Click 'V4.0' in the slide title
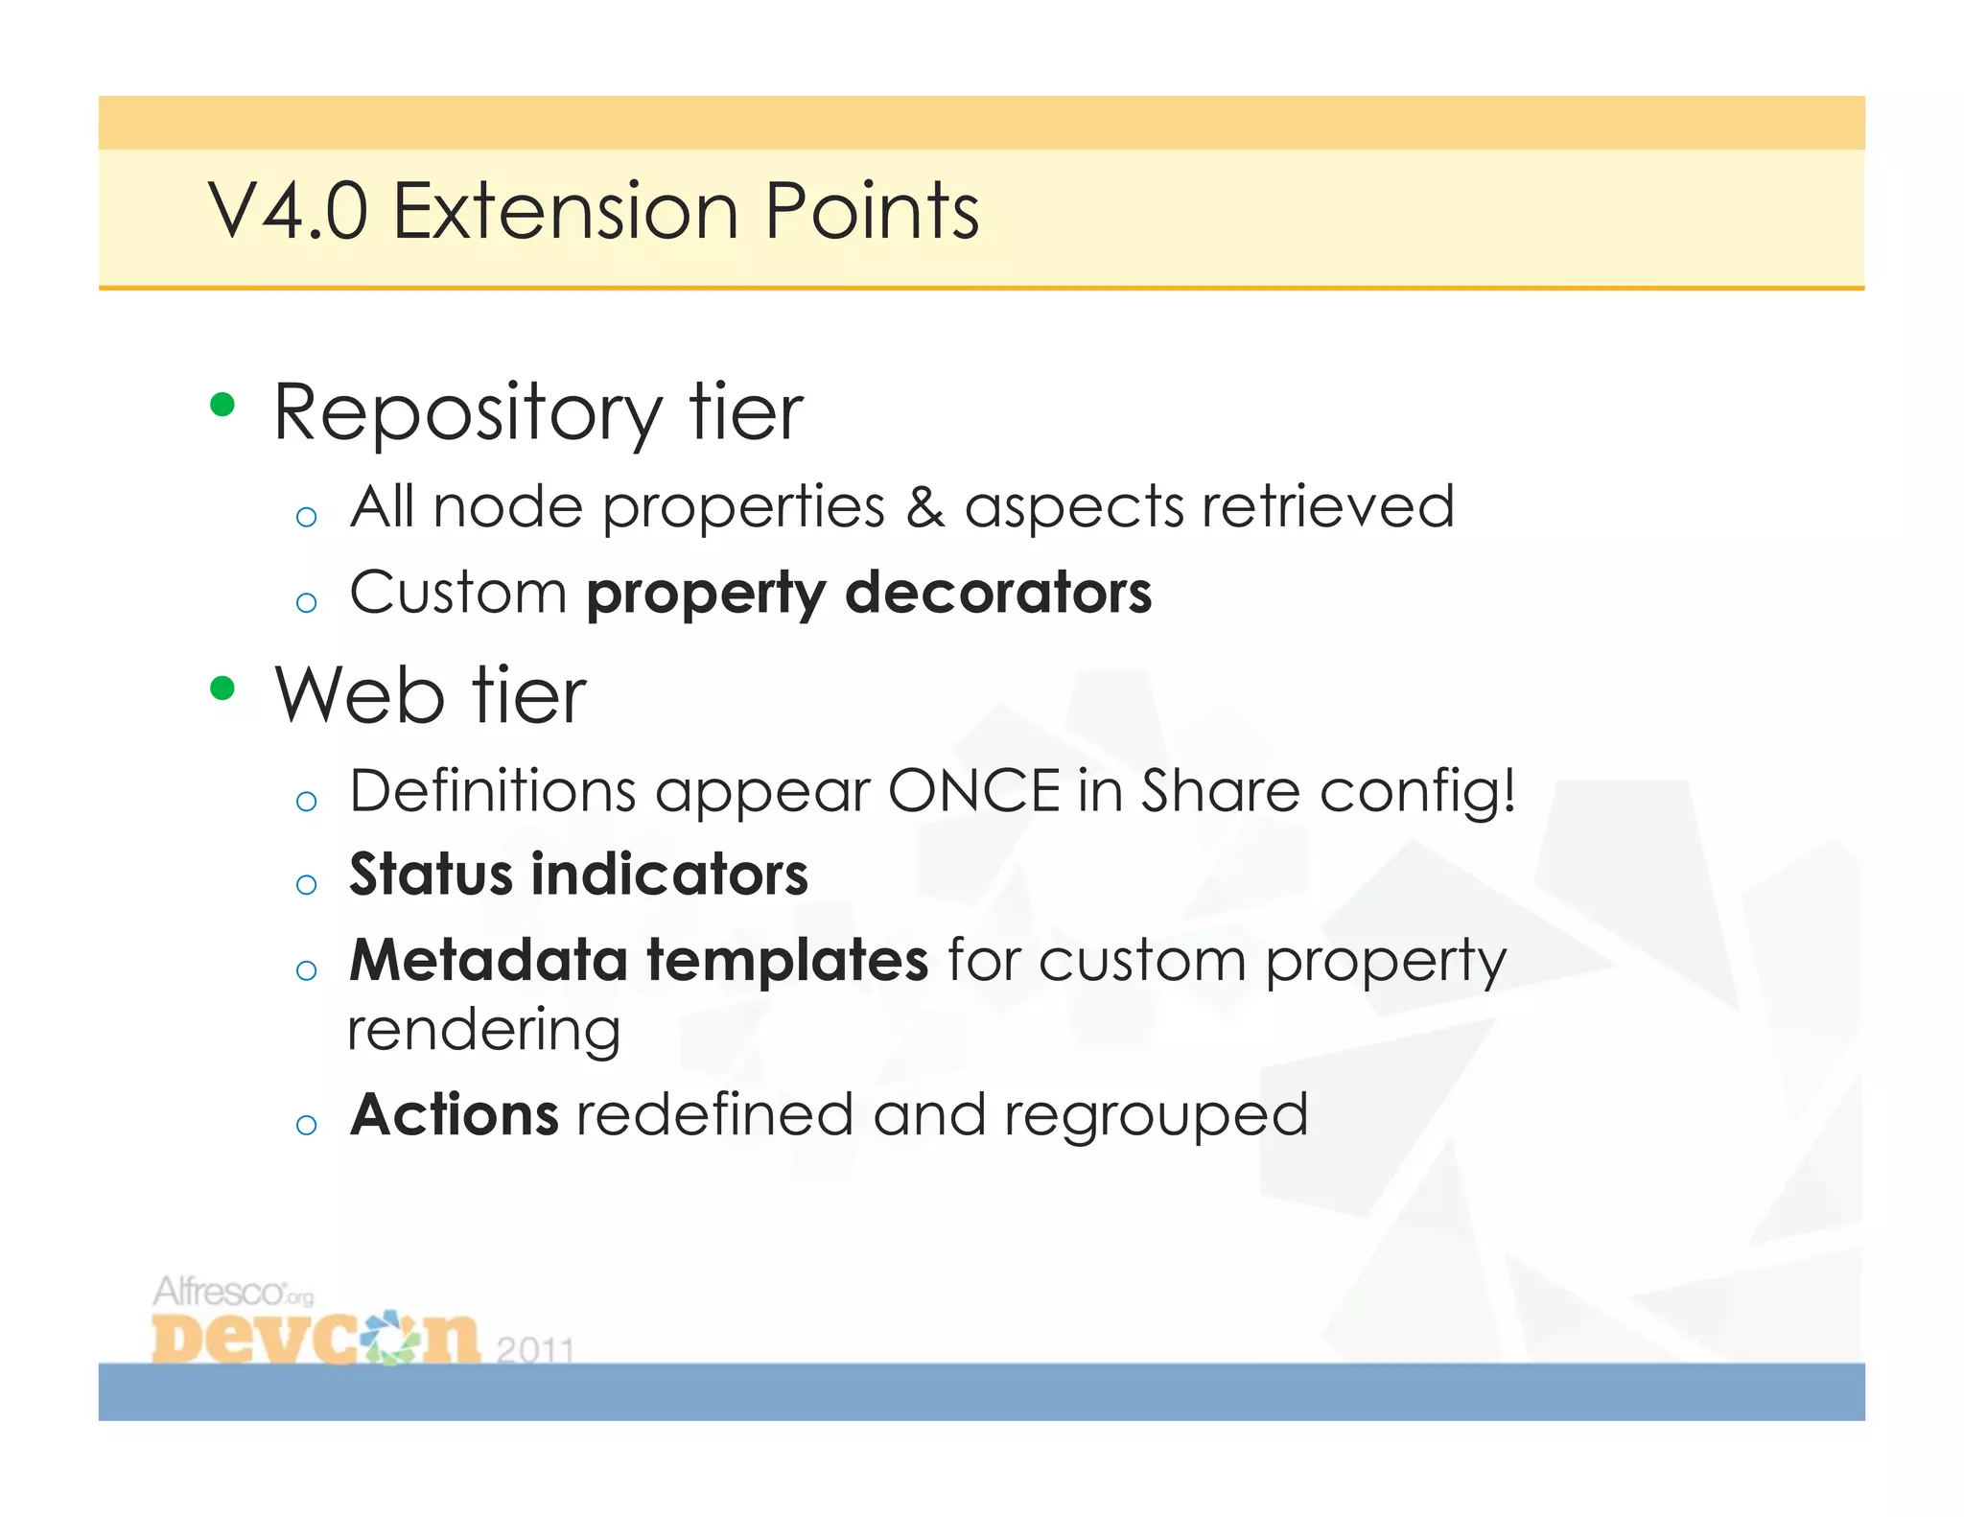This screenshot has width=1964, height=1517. tap(288, 211)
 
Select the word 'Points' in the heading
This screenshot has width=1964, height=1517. tap(872, 211)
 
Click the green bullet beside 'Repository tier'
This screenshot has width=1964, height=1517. tap(222, 405)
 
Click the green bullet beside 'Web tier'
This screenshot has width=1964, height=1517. tap(222, 688)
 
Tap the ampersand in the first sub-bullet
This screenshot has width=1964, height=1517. tap(924, 506)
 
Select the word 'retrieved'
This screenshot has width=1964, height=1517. tap(1328, 506)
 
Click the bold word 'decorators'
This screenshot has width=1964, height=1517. tap(998, 592)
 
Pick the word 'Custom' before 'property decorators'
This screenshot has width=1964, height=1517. tap(458, 592)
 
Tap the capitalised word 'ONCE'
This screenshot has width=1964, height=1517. tap(973, 791)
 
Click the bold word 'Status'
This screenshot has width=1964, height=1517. tap(431, 875)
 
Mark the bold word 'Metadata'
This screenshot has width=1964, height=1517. tap(487, 960)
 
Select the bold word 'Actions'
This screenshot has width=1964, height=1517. tap(455, 1114)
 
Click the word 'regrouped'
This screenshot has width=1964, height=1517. tap(1156, 1116)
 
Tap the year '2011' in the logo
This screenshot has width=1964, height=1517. tap(535, 1349)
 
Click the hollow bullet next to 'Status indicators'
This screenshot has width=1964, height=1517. tap(307, 884)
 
